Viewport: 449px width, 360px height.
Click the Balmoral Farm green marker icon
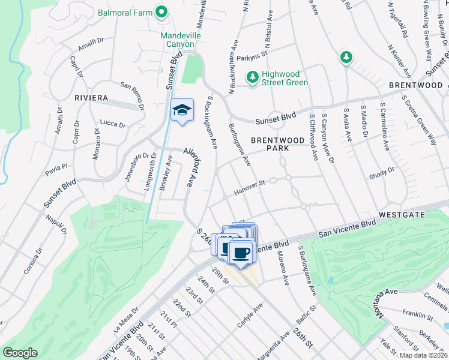pyautogui.click(x=161, y=11)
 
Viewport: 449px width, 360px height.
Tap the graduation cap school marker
pyautogui.click(x=182, y=110)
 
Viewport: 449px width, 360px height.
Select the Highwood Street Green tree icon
pyautogui.click(x=253, y=77)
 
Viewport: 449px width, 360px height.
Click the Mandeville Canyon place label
pyautogui.click(x=177, y=40)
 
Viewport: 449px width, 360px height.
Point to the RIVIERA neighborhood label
pyautogui.click(x=91, y=98)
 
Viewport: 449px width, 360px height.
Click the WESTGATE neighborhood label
pyautogui.click(x=402, y=214)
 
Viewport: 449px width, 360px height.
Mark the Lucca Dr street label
pyautogui.click(x=113, y=124)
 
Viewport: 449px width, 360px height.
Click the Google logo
pyautogui.click(x=20, y=353)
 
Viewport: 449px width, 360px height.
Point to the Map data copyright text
pyautogui.click(x=424, y=355)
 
